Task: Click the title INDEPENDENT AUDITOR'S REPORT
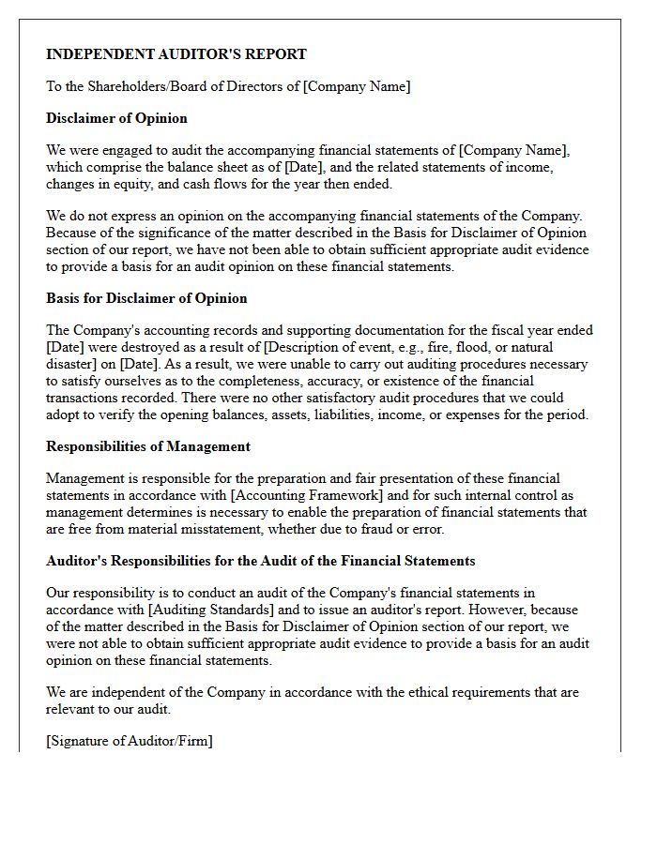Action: [x=176, y=54]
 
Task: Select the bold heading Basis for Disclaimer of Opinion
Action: [x=146, y=298]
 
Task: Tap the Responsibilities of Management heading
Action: [x=148, y=446]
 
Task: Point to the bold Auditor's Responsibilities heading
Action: [x=261, y=561]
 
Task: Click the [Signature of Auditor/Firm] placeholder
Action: [x=130, y=741]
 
